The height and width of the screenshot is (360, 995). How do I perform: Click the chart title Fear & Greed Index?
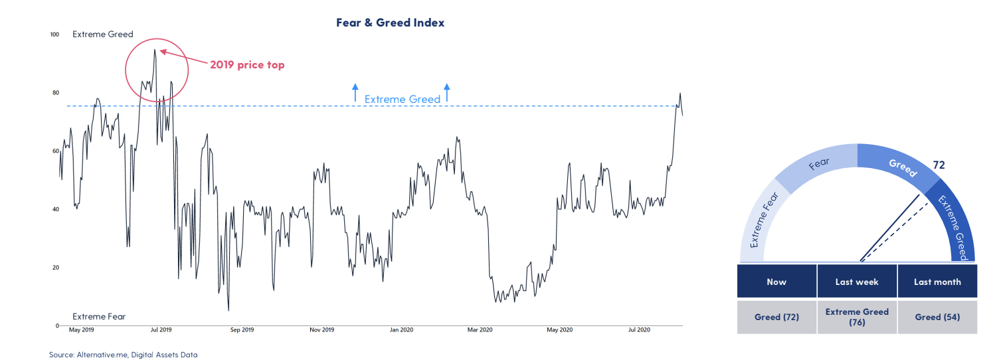pyautogui.click(x=391, y=23)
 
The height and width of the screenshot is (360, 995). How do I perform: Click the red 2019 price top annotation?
pyautogui.click(x=247, y=65)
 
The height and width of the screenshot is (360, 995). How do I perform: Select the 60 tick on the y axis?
pyautogui.click(x=56, y=151)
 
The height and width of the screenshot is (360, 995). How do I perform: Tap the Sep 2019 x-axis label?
pyautogui.click(x=242, y=329)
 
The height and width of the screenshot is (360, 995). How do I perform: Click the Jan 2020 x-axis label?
pyautogui.click(x=402, y=329)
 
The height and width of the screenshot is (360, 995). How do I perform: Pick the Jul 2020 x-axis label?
pyautogui.click(x=640, y=329)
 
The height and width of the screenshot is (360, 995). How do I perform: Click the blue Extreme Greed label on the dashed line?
pyautogui.click(x=403, y=99)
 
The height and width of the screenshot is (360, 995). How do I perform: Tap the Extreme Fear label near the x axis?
pyautogui.click(x=99, y=316)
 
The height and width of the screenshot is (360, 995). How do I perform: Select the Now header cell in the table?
pyautogui.click(x=776, y=282)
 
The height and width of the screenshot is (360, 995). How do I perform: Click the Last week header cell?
pyautogui.click(x=857, y=282)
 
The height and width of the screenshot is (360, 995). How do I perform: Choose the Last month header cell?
pyautogui.click(x=937, y=282)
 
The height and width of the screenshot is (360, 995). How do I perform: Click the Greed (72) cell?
pyautogui.click(x=776, y=317)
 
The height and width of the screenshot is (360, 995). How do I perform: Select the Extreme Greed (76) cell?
pyautogui.click(x=857, y=317)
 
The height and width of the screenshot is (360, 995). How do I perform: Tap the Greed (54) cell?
pyautogui.click(x=937, y=317)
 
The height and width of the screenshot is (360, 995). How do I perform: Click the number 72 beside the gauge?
pyautogui.click(x=939, y=165)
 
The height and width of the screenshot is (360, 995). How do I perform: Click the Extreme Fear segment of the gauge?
pyautogui.click(x=763, y=219)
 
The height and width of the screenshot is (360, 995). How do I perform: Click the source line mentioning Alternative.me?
pyautogui.click(x=123, y=355)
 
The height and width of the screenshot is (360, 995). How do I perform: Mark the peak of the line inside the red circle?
pyautogui.click(x=155, y=49)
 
